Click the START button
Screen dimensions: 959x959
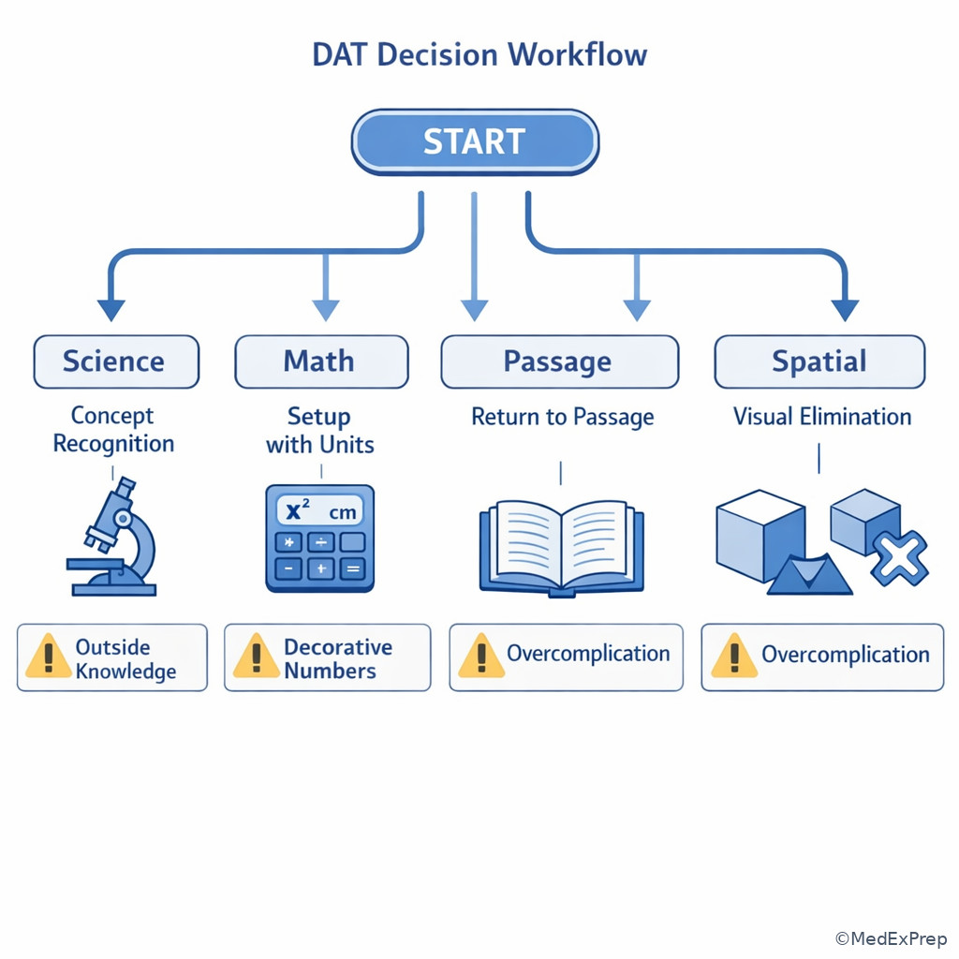click(x=475, y=142)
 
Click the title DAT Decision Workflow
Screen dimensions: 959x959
click(x=479, y=54)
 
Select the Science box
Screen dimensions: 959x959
click(x=116, y=361)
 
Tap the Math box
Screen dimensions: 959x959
click(x=320, y=361)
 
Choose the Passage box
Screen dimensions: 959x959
click(x=559, y=361)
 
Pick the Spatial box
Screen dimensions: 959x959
click(x=819, y=361)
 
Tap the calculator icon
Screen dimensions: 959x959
click(x=319, y=539)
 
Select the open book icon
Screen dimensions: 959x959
click(x=561, y=548)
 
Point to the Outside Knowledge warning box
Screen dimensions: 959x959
click(x=112, y=658)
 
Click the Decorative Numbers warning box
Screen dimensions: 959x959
click(x=327, y=658)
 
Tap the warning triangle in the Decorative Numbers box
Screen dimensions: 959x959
click(x=256, y=656)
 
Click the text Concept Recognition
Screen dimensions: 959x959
click(x=112, y=430)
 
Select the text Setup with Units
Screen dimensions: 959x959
click(x=319, y=431)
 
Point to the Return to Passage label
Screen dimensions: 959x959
click(x=562, y=417)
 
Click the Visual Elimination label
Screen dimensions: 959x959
click(x=821, y=417)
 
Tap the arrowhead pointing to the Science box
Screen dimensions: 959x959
click(x=111, y=309)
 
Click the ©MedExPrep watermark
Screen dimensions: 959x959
click(x=891, y=938)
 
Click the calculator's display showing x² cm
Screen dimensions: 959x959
click(x=319, y=511)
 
